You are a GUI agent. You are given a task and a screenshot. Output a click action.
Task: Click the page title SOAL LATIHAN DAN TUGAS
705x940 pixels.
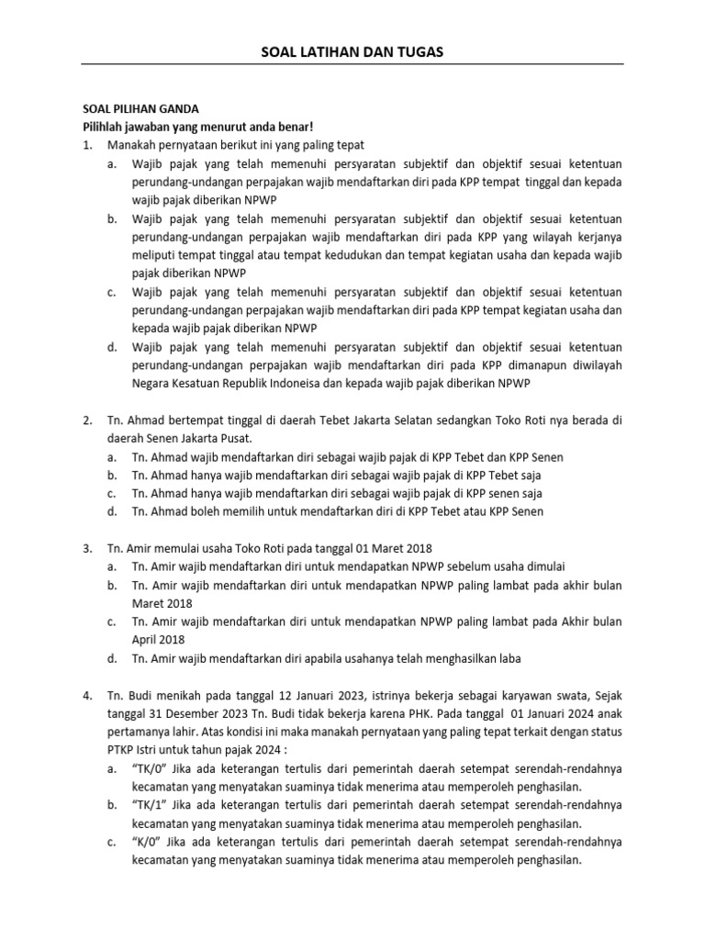click(352, 52)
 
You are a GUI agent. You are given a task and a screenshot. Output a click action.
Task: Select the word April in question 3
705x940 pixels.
click(148, 640)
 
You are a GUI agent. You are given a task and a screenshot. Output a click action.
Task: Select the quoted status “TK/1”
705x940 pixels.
click(149, 805)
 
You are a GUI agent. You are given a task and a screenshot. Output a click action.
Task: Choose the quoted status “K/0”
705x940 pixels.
click(147, 842)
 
